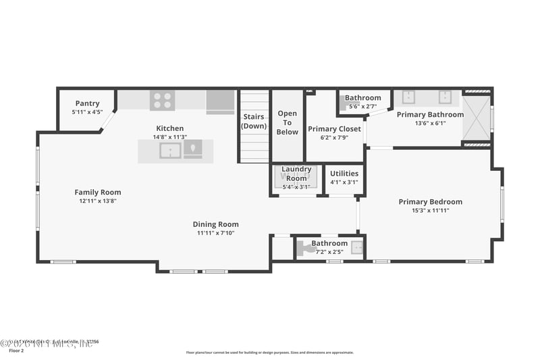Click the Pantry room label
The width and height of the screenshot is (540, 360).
(87, 103)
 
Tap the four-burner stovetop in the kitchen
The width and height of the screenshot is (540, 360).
(161, 101)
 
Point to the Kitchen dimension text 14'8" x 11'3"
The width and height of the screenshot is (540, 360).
(169, 136)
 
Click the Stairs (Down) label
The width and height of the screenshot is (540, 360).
(254, 122)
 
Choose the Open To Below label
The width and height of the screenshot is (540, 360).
(287, 122)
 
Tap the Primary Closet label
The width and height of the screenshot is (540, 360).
(334, 129)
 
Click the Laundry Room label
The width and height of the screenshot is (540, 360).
(296, 174)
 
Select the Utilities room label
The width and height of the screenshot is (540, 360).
(344, 174)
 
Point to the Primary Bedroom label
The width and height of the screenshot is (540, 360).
(430, 202)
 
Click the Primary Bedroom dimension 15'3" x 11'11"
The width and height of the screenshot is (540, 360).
(430, 211)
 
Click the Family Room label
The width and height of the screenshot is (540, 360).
(98, 192)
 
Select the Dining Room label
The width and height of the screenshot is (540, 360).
(215, 224)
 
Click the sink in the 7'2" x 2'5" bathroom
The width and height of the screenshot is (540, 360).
(356, 247)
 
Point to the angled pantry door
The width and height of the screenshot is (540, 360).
(108, 122)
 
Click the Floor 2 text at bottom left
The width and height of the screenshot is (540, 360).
(15, 351)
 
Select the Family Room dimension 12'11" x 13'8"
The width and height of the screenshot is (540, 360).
(98, 201)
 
